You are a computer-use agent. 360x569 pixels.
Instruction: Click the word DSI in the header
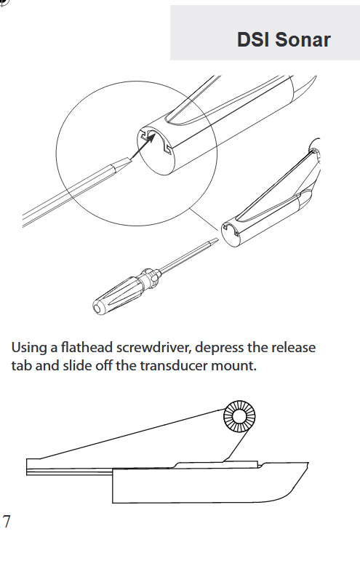tap(254, 39)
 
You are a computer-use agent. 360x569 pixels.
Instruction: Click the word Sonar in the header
tap(303, 39)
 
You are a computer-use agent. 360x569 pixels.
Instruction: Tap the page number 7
tap(7, 522)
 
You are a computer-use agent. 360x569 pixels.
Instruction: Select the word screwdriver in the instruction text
tap(153, 347)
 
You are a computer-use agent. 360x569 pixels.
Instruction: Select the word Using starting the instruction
tap(29, 348)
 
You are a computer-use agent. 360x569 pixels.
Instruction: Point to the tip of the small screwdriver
tap(217, 240)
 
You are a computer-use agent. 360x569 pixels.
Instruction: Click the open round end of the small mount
tap(231, 234)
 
